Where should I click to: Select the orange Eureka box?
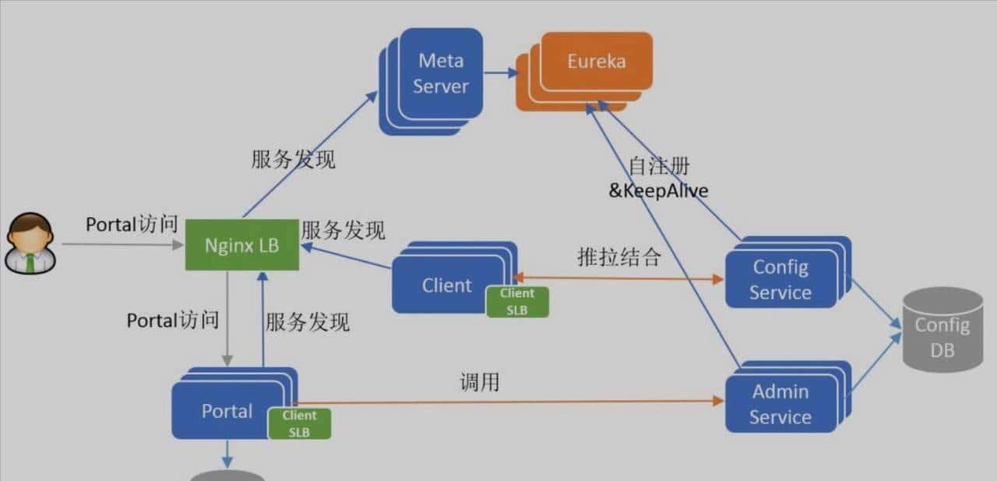(597, 62)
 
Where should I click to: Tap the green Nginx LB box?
(241, 245)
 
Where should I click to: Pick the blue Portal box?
(227, 411)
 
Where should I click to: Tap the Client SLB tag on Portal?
(299, 423)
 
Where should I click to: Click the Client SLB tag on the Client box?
(517, 301)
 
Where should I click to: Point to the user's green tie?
(30, 262)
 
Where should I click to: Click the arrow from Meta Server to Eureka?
(500, 73)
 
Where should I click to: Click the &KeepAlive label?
(658, 190)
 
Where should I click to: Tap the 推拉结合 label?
(618, 257)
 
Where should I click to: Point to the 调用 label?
(479, 382)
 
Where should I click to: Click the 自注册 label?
(658, 166)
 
